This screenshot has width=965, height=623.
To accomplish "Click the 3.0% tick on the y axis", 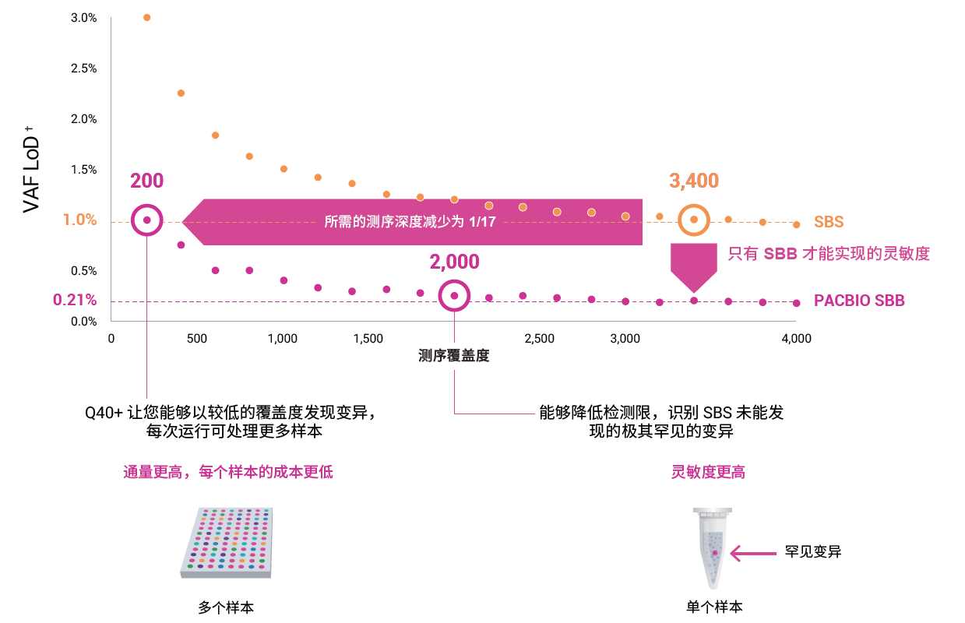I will (83, 18).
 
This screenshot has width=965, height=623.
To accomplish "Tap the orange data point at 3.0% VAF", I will (146, 17).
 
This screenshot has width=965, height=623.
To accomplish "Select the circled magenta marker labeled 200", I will (146, 220).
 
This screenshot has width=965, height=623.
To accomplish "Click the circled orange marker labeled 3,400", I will (693, 220).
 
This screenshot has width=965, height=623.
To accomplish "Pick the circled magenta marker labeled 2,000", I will (454, 296).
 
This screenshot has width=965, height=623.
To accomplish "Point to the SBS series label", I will (829, 223).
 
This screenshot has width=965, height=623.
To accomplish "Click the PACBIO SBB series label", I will (859, 301).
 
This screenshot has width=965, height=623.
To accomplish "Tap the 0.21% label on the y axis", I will (75, 300).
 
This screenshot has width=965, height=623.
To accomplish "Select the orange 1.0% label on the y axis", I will (79, 220).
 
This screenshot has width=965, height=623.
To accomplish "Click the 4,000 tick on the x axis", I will (796, 339).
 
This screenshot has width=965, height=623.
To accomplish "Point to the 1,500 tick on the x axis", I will (368, 339).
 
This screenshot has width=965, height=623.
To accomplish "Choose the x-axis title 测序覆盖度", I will (454, 357).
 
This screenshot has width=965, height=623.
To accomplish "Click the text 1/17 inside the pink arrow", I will (482, 222).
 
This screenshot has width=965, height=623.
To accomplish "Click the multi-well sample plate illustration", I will (227, 543).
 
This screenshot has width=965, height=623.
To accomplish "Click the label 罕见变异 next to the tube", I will (813, 552).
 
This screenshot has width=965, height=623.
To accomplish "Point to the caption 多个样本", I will (226, 607).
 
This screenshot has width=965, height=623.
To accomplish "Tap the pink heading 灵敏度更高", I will (708, 472).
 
